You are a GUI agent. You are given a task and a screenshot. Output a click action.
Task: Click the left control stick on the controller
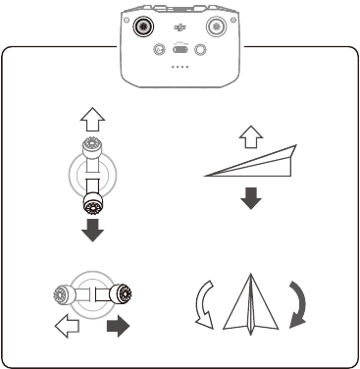click(146, 25)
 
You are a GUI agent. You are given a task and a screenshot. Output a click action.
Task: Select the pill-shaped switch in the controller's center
click(180, 48)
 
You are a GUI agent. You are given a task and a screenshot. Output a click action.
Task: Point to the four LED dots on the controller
click(180, 69)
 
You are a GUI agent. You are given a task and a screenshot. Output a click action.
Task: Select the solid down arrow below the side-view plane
click(252, 201)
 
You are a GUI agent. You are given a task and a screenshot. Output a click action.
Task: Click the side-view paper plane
click(251, 162)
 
